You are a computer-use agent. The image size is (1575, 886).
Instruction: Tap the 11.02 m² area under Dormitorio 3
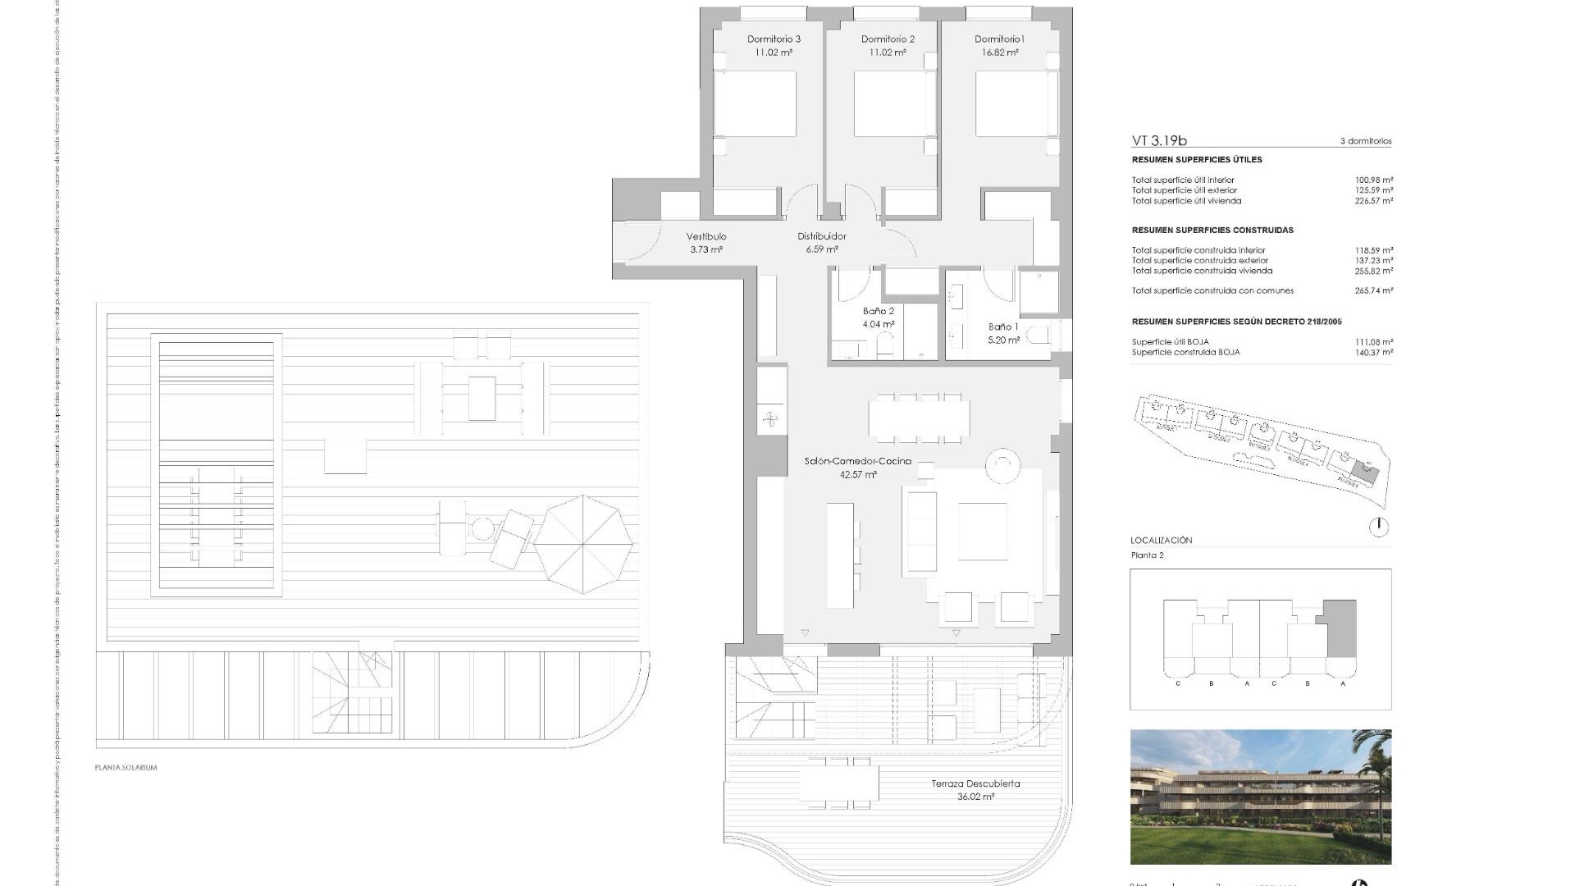(x=774, y=53)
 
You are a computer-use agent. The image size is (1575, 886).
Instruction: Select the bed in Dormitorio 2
(x=895, y=104)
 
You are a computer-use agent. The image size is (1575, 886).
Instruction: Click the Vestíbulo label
(x=705, y=236)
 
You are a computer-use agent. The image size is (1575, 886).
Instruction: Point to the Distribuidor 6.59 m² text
(x=821, y=243)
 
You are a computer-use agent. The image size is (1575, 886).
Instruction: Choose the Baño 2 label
(x=878, y=311)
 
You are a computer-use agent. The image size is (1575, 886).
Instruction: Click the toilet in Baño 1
(x=1039, y=336)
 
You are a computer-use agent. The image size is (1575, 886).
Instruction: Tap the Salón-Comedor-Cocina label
(x=857, y=461)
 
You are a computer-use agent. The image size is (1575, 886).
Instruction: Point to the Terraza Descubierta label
(x=975, y=783)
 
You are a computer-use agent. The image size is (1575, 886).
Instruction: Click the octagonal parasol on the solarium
(x=583, y=544)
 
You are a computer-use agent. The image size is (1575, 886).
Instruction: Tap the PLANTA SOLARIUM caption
(x=126, y=768)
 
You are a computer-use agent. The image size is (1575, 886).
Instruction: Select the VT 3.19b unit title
(x=1159, y=140)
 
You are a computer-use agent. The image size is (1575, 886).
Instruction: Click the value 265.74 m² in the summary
(x=1374, y=290)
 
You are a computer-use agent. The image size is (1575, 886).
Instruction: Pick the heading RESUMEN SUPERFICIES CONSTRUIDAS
(x=1212, y=230)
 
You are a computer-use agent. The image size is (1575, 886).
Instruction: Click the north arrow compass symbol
(x=1379, y=527)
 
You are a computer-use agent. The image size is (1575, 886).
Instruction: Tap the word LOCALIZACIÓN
(x=1161, y=541)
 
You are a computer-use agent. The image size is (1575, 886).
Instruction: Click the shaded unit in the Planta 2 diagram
(x=1340, y=628)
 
